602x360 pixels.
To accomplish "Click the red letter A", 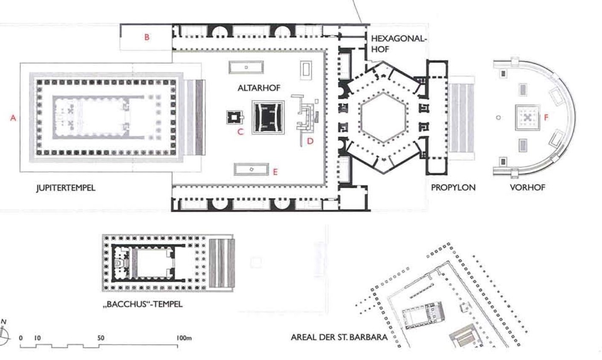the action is point(13,118).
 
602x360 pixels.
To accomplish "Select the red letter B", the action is point(147,37).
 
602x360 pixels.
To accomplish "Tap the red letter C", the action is point(240,132).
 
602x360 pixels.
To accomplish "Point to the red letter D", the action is point(310,141).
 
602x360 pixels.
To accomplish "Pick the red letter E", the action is point(275,172).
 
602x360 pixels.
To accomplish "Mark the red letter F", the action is point(546,117).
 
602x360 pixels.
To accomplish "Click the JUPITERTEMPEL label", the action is point(66,187).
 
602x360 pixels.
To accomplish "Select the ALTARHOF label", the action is point(259,88).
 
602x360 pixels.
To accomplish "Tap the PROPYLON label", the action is point(453,187).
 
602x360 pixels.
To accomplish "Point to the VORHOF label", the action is point(527,187).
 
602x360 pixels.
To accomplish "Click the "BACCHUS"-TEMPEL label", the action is point(143,304).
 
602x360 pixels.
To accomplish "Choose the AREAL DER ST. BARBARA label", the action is point(339,337).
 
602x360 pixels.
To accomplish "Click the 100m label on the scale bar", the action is point(184,338).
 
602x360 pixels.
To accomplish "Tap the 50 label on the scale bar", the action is point(101,338).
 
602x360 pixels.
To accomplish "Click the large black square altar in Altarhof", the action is point(268,117).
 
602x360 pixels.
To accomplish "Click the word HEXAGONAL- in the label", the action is point(399,39).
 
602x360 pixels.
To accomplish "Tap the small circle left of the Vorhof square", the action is point(498,117).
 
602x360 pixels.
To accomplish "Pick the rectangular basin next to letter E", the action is point(251,170).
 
